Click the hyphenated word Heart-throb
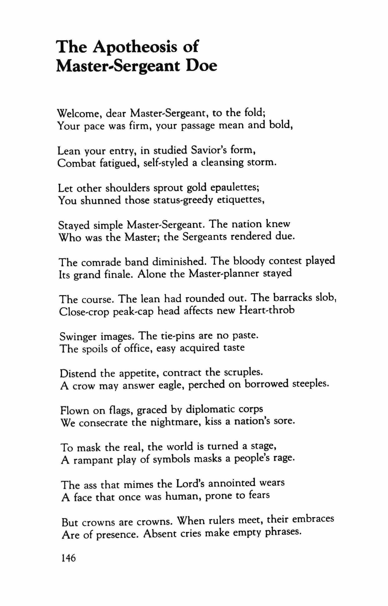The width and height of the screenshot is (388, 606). click(267, 310)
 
